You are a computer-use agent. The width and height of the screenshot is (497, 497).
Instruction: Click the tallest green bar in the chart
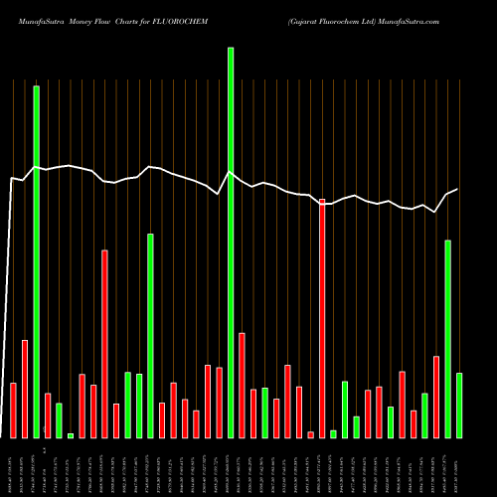231,243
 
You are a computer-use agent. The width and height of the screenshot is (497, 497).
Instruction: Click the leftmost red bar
13,410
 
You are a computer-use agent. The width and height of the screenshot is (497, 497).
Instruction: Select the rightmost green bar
459,405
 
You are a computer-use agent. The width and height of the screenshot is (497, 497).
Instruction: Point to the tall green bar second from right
447,339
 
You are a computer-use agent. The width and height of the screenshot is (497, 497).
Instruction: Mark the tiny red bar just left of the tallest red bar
310,434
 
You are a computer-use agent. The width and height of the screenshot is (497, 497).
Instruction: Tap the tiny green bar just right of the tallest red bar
333,433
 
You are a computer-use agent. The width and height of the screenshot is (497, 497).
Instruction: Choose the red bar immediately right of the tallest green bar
242,385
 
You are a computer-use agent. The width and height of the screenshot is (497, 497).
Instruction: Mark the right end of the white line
457,189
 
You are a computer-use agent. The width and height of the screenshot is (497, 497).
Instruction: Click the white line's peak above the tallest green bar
231,172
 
